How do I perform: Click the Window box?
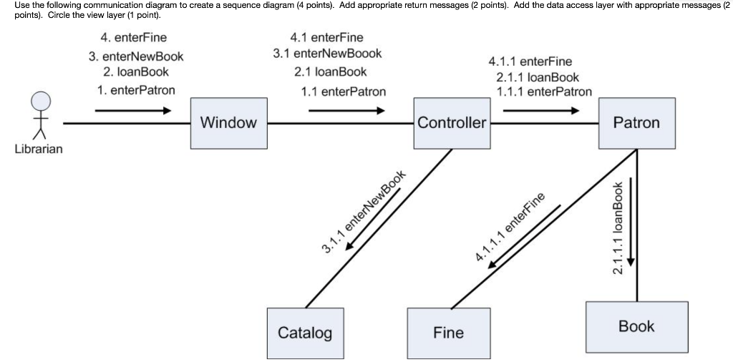click(228, 123)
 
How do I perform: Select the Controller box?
click(452, 123)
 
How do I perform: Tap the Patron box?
click(636, 123)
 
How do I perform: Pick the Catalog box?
click(305, 333)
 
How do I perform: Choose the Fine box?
click(448, 333)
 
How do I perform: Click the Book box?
click(636, 327)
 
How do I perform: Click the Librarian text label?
click(39, 149)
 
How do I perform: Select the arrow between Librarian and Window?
click(133, 111)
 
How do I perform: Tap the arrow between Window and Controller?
click(347, 111)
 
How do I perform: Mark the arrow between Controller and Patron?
click(541, 111)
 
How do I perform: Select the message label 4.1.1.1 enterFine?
click(510, 227)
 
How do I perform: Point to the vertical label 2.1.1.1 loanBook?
click(619, 228)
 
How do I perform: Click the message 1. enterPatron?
click(136, 90)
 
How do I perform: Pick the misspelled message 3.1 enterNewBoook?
click(328, 54)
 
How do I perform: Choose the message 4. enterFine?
click(135, 37)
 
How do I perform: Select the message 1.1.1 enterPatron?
click(544, 92)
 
